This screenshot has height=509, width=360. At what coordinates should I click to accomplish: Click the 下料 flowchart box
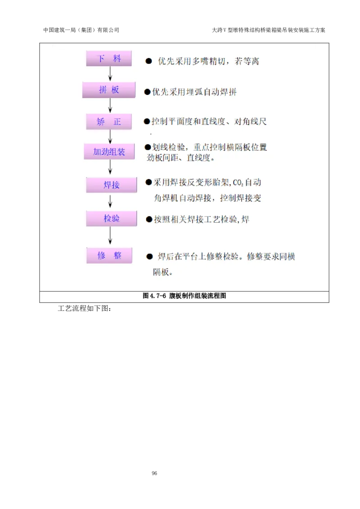point(109,59)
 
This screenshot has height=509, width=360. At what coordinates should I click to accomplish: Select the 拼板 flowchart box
point(109,90)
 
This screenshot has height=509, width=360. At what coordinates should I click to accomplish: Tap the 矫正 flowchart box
point(109,122)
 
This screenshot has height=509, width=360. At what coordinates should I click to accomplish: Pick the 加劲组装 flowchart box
point(109,152)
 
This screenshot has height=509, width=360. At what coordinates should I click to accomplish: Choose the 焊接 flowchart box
point(111,185)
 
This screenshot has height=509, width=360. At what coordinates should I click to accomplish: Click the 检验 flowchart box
point(111,219)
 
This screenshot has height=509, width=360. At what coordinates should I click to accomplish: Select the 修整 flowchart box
point(109,256)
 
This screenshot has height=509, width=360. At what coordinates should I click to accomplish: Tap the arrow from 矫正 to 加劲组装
point(110,137)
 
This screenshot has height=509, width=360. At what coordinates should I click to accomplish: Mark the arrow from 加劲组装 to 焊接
point(110,168)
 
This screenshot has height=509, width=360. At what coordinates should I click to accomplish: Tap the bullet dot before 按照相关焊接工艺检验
point(149,220)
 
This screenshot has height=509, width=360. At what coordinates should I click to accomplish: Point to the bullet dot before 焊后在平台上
point(149,257)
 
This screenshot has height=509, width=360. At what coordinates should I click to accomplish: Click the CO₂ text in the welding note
point(238,183)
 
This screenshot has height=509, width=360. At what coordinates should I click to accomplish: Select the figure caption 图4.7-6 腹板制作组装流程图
point(184,296)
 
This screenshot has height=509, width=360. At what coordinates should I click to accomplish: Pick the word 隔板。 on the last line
point(163,272)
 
